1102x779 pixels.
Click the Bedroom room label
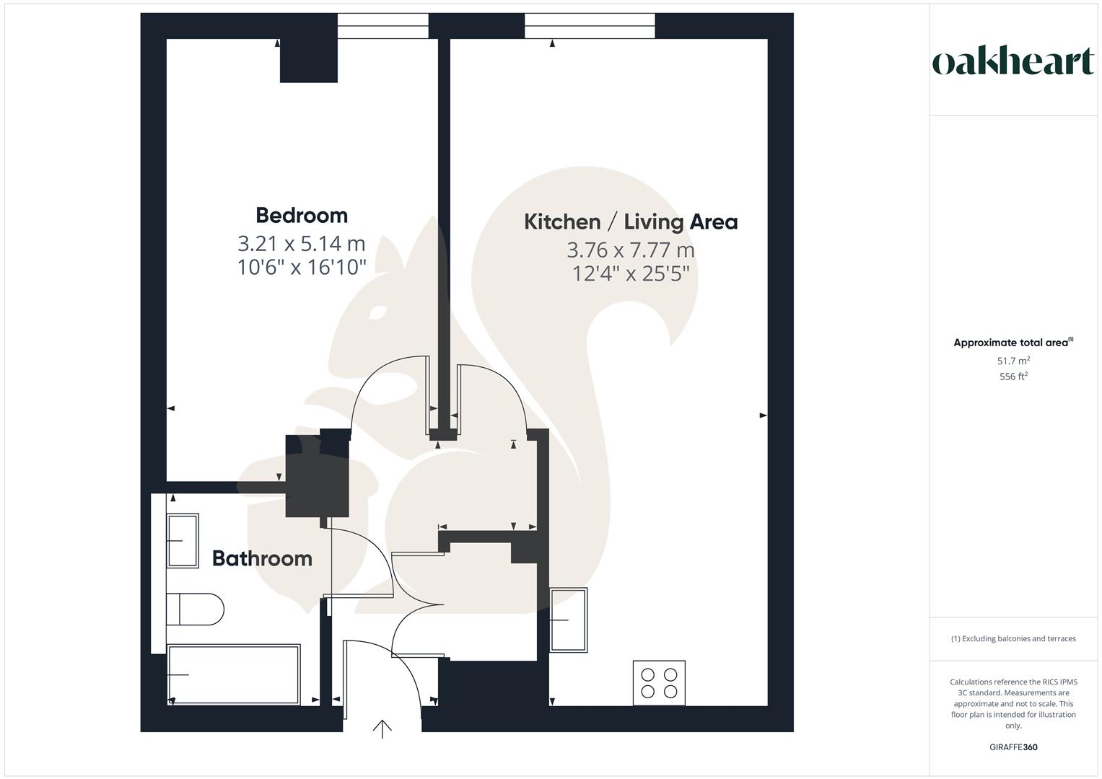click(x=302, y=215)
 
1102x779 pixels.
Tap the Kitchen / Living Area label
click(x=630, y=221)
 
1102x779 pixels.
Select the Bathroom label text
click(x=262, y=558)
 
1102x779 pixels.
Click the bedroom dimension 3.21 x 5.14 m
click(x=302, y=243)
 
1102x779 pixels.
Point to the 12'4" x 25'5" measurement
click(x=630, y=274)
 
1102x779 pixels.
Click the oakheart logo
click(x=1013, y=62)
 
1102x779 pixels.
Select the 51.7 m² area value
click(x=1013, y=361)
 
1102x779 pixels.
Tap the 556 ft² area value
click(x=1013, y=377)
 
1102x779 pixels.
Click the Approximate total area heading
click(x=1013, y=343)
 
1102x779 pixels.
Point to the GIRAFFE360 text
click(x=1013, y=747)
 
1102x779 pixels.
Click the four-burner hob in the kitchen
click(x=659, y=683)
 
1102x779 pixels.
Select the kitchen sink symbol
click(x=569, y=620)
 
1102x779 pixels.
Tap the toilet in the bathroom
click(x=195, y=609)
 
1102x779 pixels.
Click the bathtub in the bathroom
click(x=233, y=674)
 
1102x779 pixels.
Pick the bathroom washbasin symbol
click(x=183, y=541)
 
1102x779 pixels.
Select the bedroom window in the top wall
click(x=382, y=26)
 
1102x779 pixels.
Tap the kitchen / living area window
click(x=590, y=26)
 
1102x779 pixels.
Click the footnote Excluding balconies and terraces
click(x=1013, y=638)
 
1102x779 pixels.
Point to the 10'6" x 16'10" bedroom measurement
click(x=302, y=268)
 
